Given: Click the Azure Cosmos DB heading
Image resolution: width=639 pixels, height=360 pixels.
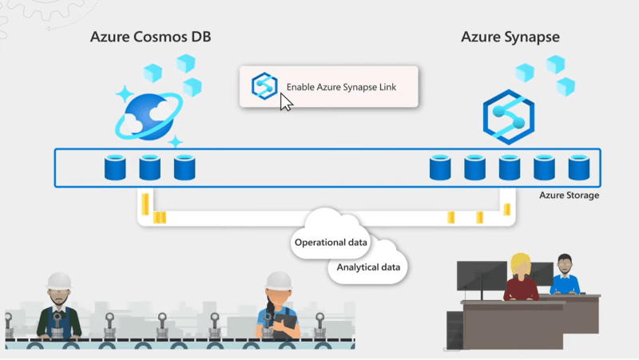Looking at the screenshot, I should point(151,38).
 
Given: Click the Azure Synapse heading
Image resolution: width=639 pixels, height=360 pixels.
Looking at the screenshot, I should point(510,38).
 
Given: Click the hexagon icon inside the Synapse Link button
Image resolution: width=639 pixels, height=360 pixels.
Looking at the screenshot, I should point(264,86).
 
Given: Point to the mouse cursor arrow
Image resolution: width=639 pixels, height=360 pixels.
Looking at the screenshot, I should point(285,101).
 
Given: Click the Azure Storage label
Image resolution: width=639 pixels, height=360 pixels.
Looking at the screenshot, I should point(570,196).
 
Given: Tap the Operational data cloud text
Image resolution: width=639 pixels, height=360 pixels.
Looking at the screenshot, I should point(331,242).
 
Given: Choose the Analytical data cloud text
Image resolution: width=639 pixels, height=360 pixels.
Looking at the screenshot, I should point(368,267).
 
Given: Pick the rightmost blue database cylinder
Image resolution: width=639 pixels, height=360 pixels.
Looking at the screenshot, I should point(578,168).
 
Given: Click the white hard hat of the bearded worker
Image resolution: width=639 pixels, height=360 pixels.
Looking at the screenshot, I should point(59,279).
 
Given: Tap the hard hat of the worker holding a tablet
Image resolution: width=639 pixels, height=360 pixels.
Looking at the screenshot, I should point(277,279).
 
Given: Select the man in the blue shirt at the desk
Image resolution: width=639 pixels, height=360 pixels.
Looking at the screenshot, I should point(565,279).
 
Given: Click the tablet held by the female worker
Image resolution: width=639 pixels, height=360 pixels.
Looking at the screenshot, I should point(284,324).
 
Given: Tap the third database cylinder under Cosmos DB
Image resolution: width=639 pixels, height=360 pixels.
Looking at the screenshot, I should point(185,168).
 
